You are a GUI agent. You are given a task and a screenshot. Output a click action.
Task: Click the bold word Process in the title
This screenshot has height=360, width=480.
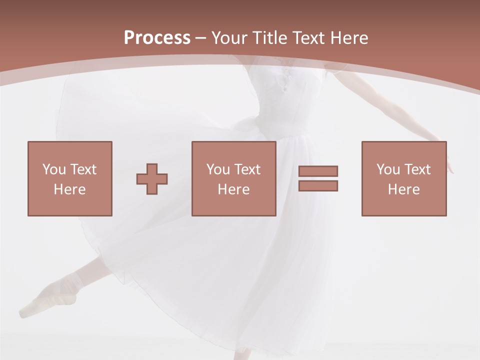(x=157, y=37)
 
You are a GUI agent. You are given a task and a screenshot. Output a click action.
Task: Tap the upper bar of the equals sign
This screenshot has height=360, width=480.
(x=318, y=171)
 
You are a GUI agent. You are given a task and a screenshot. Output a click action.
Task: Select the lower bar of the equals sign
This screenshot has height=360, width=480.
(x=318, y=185)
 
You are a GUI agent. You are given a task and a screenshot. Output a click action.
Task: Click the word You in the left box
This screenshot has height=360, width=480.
(x=53, y=169)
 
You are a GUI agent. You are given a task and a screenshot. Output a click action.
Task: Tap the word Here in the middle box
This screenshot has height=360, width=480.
(x=233, y=189)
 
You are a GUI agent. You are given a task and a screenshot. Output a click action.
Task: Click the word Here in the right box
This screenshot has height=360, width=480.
(x=403, y=189)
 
